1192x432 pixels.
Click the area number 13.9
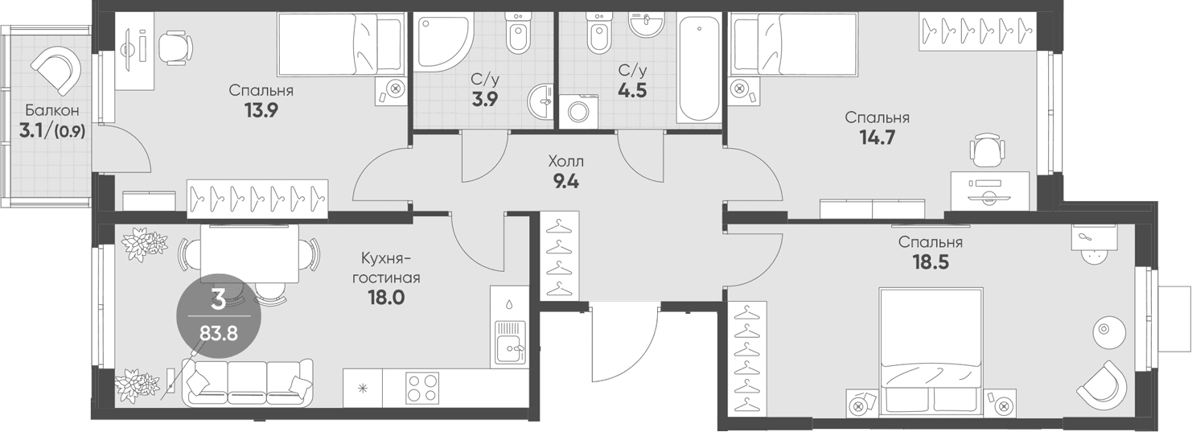261,110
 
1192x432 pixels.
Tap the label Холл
565,161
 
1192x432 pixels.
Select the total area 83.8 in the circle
218,334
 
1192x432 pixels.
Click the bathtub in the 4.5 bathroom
699,69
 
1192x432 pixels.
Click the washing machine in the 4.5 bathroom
578,111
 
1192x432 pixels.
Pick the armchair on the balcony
56,70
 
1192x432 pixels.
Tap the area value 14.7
877,138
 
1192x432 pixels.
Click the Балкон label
52,111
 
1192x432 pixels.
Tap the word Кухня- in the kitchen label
386,259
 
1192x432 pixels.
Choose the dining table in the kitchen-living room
249,253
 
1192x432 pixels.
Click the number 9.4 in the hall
565,183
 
